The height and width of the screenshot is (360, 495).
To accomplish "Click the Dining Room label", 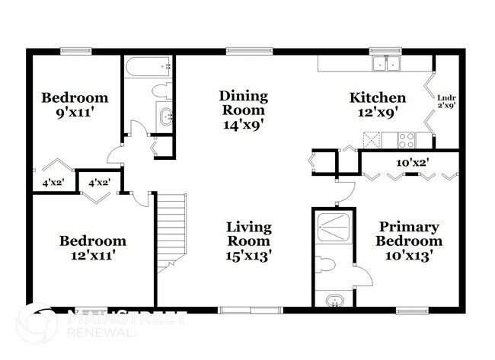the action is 244,104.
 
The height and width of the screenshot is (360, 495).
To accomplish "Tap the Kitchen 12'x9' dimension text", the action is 377,113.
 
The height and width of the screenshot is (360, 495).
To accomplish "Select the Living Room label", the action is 249,234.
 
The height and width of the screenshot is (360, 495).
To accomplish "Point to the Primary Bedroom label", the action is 409,234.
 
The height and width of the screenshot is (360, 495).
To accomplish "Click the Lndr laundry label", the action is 447,98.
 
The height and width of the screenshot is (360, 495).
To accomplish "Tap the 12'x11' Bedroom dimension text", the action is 92,255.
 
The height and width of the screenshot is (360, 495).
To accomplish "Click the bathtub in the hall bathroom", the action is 148,67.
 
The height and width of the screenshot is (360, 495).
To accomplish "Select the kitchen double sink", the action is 386,63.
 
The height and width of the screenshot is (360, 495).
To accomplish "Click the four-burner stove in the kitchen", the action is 407,140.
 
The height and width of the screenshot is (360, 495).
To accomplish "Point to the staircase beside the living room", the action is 171,233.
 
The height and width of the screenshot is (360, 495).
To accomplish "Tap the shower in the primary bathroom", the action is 334,227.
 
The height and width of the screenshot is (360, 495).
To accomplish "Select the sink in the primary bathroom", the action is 334,301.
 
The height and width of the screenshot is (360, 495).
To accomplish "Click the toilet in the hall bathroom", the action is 162,91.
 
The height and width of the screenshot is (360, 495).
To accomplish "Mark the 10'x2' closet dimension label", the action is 412,163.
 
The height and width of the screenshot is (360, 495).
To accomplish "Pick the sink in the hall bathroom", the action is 165,117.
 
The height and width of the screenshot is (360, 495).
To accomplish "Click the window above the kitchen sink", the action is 385,50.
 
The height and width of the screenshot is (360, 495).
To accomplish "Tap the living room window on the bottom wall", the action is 251,311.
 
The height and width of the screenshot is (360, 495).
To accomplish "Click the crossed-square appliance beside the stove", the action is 372,140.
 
